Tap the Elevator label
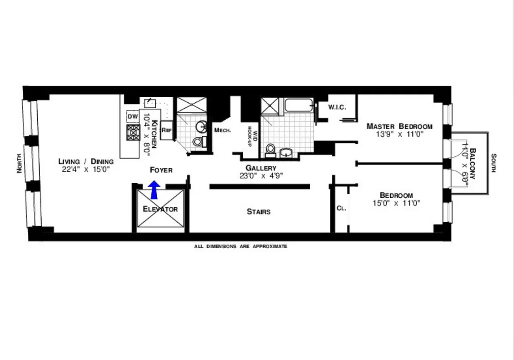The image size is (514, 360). (160, 209)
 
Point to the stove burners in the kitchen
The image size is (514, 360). (133, 132)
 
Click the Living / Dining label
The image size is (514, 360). (86, 161)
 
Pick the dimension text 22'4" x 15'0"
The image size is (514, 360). (86, 169)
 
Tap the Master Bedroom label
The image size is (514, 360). (400, 126)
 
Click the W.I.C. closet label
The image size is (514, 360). (337, 107)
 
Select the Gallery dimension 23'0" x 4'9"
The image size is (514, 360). (261, 176)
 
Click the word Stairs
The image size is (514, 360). (259, 211)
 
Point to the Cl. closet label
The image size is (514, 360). (341, 208)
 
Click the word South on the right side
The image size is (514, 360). (494, 163)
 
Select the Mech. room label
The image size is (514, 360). (223, 130)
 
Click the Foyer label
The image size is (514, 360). (161, 170)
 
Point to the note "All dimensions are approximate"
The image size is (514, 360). (241, 247)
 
